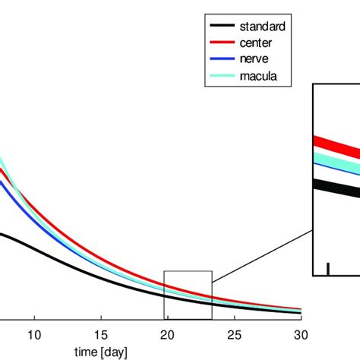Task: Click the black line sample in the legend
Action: (219, 26)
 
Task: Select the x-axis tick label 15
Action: (101, 334)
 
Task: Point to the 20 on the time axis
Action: (168, 334)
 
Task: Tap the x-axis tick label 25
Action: (235, 334)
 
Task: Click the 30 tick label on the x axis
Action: (302, 334)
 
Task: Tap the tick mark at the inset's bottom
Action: (327, 269)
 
